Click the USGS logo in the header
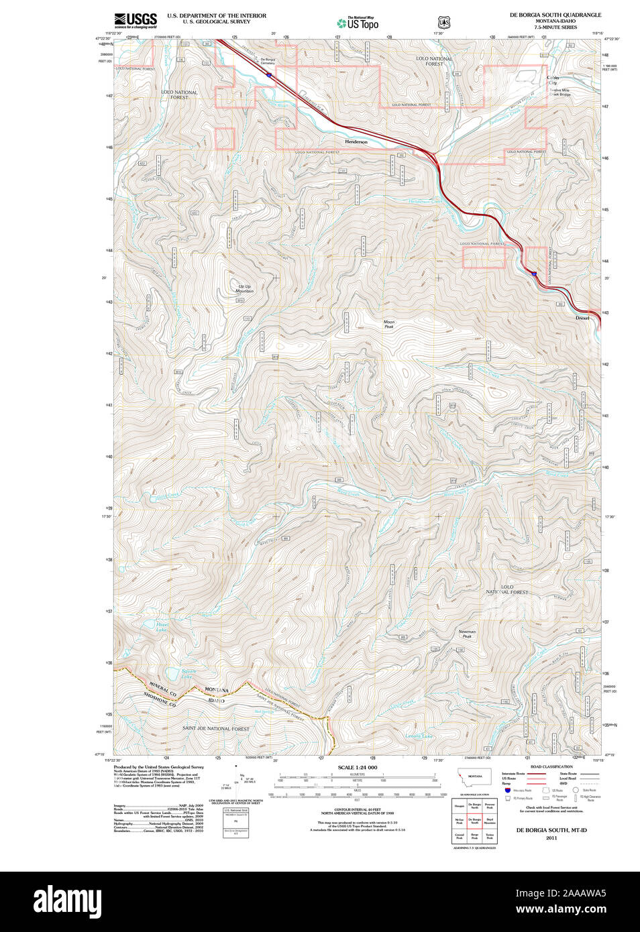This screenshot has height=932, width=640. pos(136,20)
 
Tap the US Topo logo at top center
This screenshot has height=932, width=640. pos(358,23)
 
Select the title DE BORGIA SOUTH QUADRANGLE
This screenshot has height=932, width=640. pos(555,15)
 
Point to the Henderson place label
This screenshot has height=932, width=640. pos(356,142)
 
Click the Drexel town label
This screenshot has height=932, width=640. pos(582,318)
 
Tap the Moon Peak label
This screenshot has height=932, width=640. pos(389,325)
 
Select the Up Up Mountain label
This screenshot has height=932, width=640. pos(244,289)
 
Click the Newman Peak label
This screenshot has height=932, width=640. pos(467,634)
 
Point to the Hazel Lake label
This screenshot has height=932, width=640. pos(162,627)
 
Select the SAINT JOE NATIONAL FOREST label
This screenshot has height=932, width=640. pos(215,728)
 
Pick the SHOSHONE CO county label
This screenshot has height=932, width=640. pos(160,700)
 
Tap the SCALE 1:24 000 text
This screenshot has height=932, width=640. pos(357,767)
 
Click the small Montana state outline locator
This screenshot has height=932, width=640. pos(475,776)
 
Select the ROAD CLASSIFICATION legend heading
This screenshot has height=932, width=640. pos(551,766)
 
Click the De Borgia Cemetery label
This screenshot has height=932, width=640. pos(267,62)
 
